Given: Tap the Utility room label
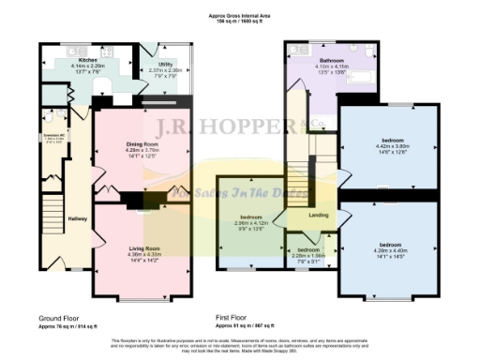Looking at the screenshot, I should coord(165,64).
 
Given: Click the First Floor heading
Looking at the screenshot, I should coord(239,319).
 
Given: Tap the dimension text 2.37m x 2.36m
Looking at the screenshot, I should coord(165,70).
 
